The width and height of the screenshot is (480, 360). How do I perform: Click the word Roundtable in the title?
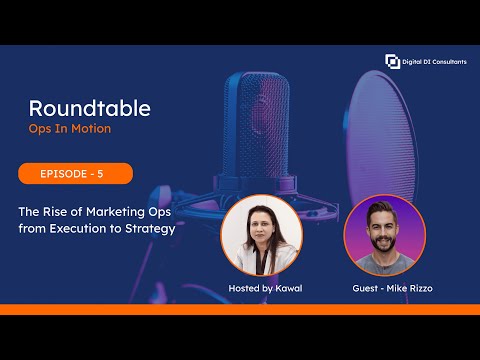click(x=89, y=108)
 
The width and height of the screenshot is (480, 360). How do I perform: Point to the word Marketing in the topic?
click(x=111, y=212)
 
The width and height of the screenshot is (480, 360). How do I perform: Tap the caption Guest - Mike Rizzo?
click(x=384, y=289)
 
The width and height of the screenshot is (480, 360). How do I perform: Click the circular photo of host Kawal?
click(x=262, y=236)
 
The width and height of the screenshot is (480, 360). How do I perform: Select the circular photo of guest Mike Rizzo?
click(x=384, y=236)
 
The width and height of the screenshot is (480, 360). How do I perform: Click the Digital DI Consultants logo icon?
click(x=392, y=62)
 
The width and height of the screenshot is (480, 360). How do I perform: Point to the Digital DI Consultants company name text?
click(x=434, y=62)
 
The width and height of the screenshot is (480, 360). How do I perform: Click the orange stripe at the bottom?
click(x=240, y=309)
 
